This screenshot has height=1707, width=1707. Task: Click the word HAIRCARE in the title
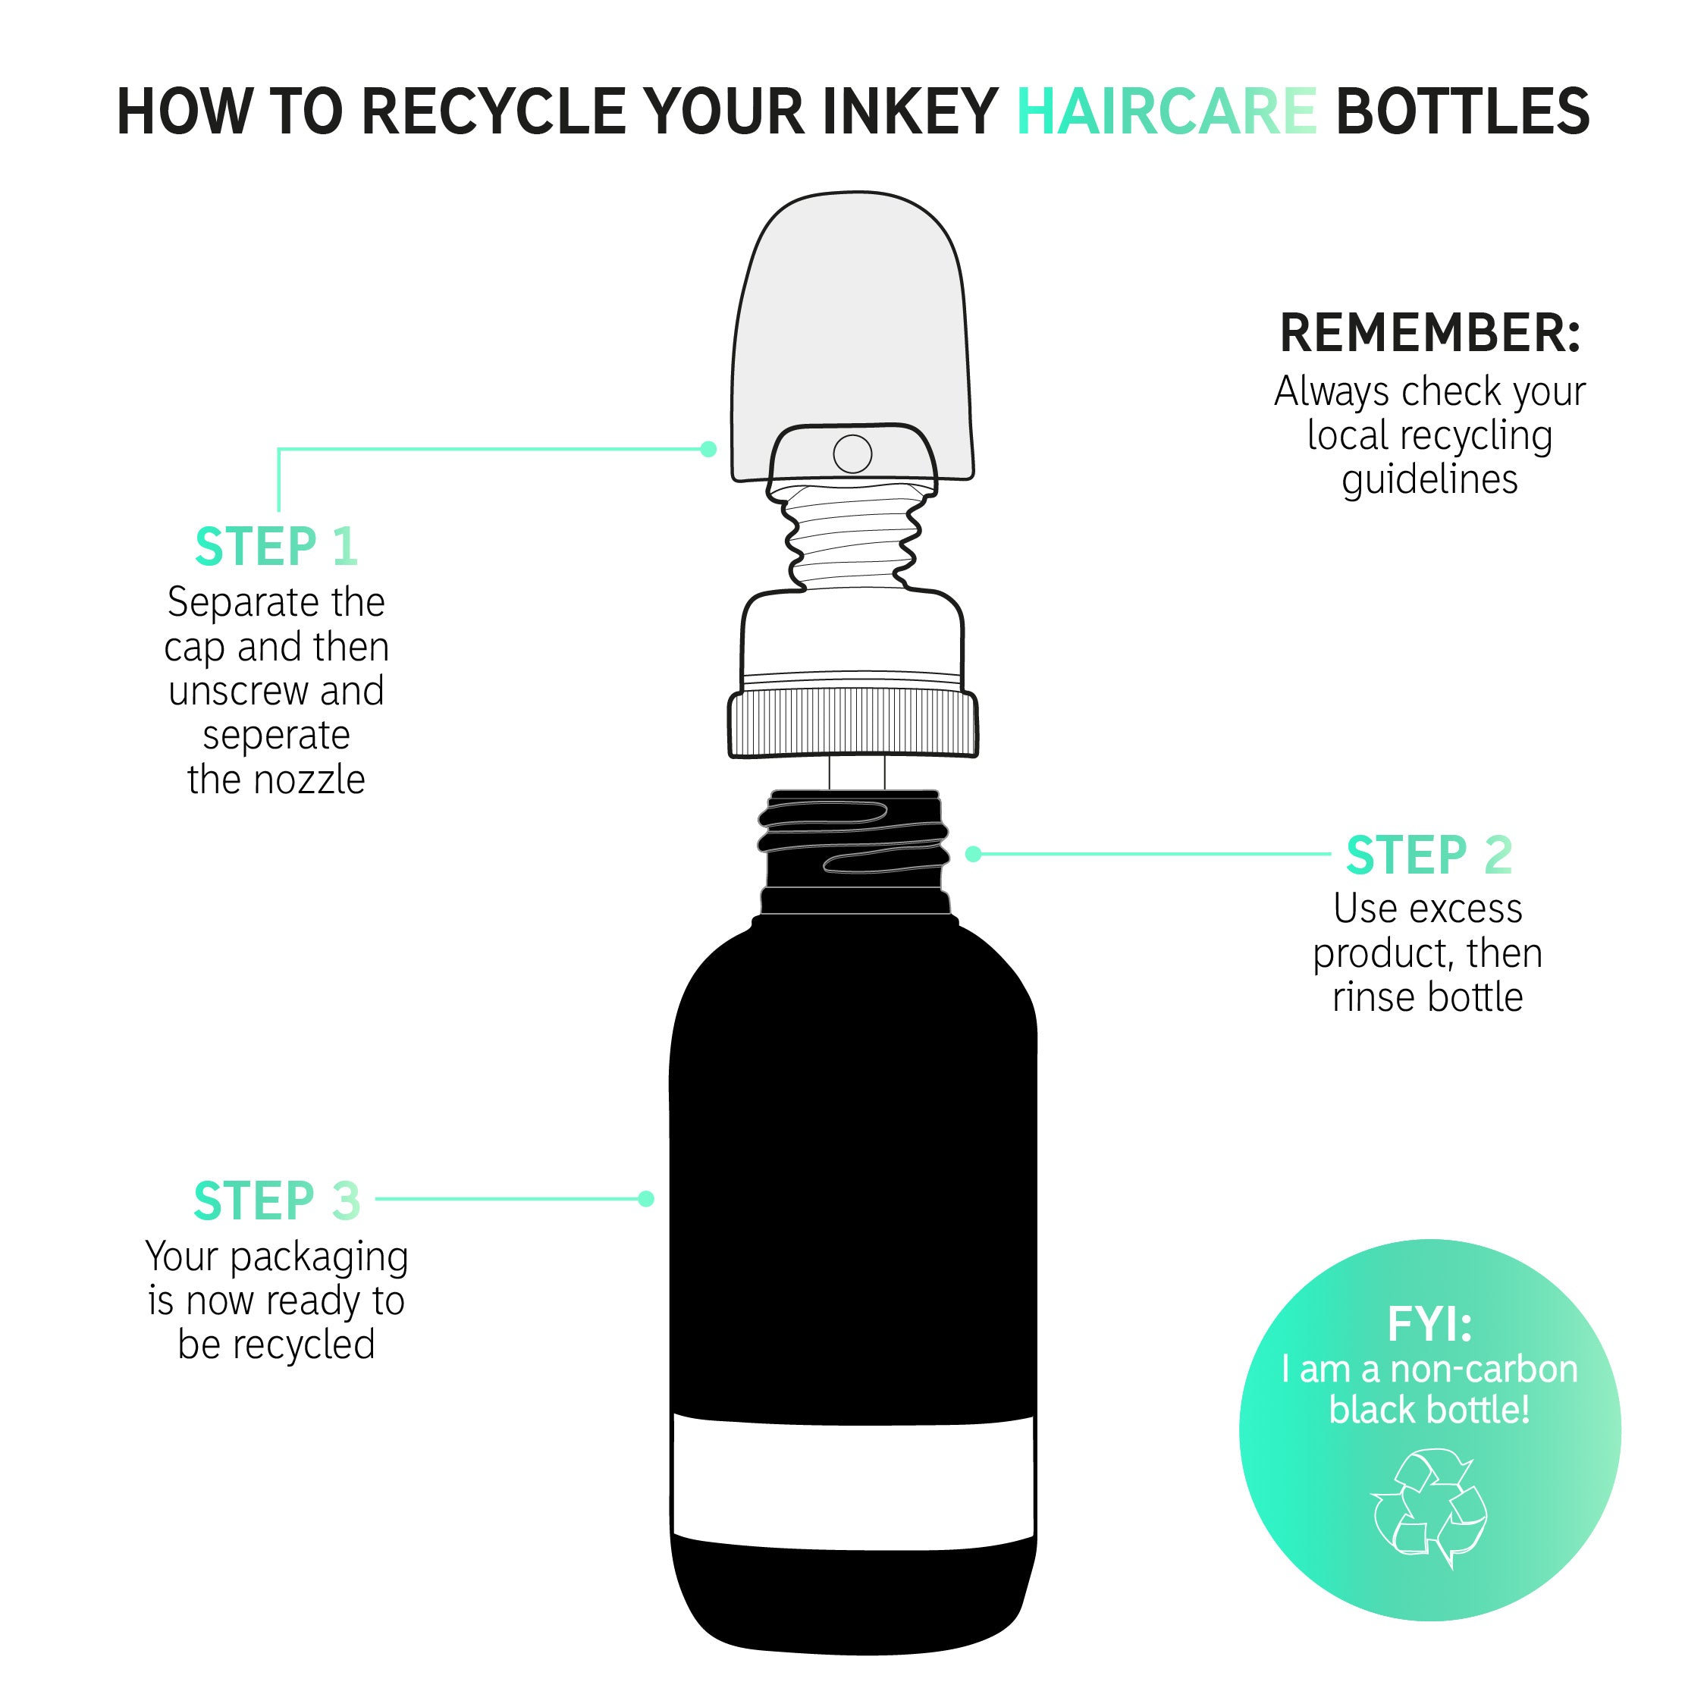pos(1166,111)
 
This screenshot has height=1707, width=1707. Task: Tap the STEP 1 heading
pos(277,546)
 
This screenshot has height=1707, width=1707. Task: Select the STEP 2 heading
pos(1429,855)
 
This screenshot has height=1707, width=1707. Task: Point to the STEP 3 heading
pos(277,1200)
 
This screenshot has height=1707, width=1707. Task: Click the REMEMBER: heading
pos(1429,333)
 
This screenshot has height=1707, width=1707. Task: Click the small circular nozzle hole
pos(852,454)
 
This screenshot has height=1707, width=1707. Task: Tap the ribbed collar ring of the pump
pos(854,723)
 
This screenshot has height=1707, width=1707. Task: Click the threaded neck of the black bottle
pos(854,846)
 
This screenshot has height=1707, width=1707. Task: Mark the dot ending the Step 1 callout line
pos(708,449)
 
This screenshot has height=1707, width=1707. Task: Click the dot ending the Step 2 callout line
pos(974,854)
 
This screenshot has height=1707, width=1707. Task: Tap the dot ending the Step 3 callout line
pos(646,1199)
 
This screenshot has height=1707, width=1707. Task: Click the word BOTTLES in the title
pos(1463,111)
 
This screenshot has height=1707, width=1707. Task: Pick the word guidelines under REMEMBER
pos(1429,480)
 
